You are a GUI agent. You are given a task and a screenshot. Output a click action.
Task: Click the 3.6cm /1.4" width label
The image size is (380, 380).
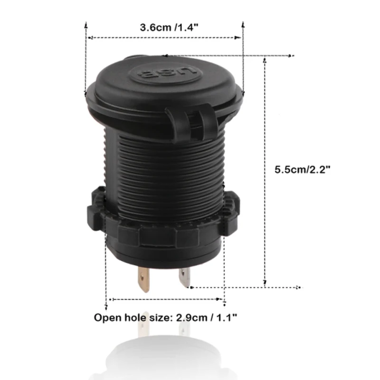click(x=169, y=28)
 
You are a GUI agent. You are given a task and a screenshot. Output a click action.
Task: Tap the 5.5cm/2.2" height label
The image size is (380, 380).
click(x=302, y=170)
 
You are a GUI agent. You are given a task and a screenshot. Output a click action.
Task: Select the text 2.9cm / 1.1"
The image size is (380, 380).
click(x=206, y=317)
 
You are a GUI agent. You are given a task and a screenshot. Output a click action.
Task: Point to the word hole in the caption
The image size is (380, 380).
click(x=135, y=317)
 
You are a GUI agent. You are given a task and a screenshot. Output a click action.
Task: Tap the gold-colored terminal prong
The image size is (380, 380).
click(x=143, y=279)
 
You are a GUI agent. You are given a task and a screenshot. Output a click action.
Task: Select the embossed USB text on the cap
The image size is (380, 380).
click(x=165, y=73)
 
